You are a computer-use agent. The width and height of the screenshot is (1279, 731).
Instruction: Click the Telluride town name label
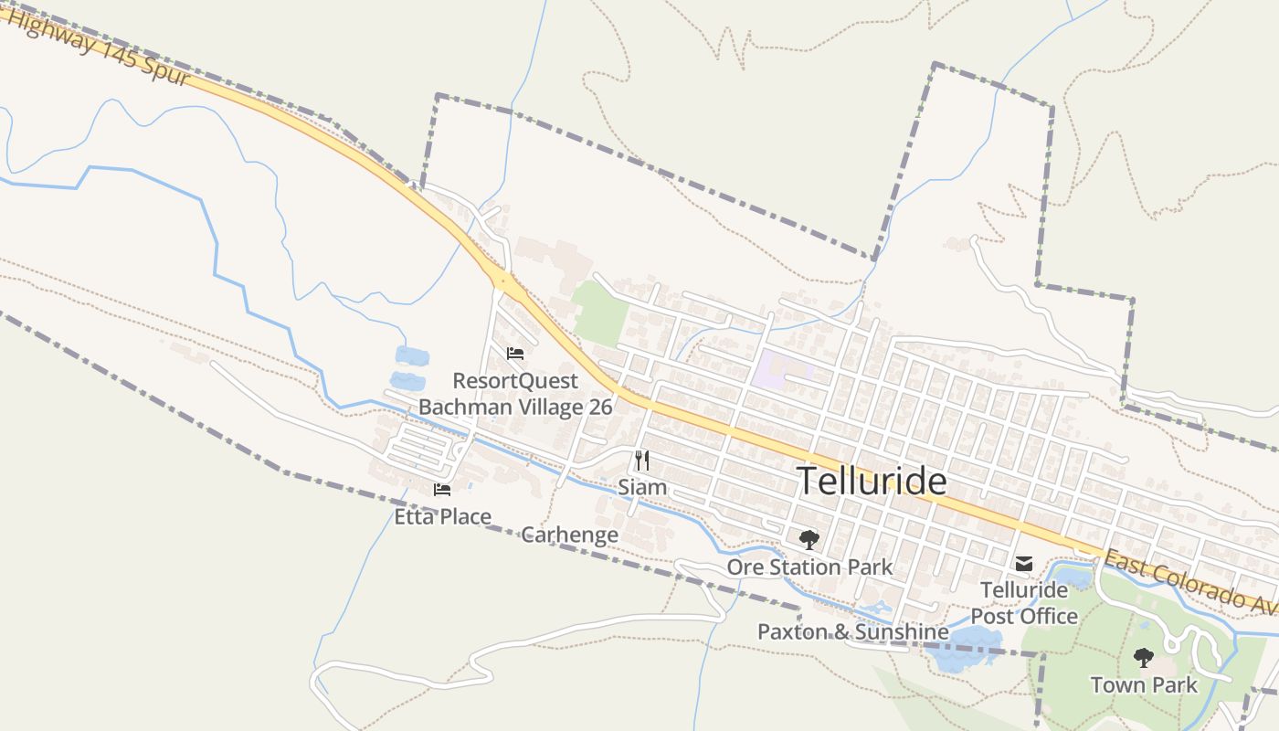click(872, 482)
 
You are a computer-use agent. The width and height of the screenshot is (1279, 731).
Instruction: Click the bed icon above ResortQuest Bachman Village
click(515, 354)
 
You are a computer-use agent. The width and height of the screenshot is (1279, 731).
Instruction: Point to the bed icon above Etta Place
click(442, 490)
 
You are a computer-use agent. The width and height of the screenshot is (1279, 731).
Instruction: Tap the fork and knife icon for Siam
click(642, 460)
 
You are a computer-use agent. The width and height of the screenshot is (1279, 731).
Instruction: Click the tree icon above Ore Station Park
click(809, 540)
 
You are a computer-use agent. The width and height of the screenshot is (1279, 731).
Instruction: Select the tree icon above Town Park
click(1143, 657)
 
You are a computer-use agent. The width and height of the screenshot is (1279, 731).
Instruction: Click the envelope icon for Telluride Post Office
click(1024, 564)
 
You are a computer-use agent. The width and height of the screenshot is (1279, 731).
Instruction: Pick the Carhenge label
click(569, 535)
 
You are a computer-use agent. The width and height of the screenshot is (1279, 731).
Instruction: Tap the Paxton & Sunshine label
click(852, 631)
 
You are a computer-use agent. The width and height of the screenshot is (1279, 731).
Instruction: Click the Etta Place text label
click(442, 517)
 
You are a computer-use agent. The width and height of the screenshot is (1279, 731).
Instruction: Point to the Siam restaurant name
click(642, 487)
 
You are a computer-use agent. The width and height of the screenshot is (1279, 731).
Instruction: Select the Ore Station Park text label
click(809, 567)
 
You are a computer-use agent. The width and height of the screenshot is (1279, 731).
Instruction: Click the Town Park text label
click(1143, 684)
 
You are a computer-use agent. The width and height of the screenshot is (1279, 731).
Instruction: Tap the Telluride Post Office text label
click(1024, 603)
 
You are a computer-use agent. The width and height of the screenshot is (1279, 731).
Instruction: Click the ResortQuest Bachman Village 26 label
click(515, 394)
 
